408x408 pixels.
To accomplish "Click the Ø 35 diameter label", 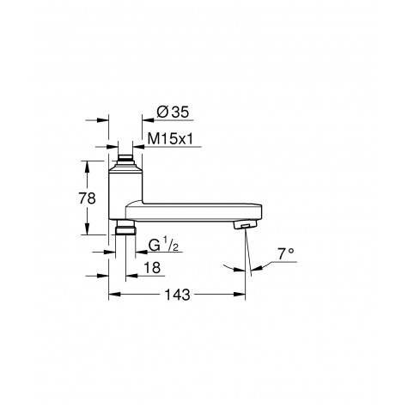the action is click(x=173, y=112).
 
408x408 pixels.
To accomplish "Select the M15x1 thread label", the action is click(x=170, y=139).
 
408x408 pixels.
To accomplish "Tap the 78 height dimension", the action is click(x=87, y=198).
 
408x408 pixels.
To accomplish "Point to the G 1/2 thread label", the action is click(x=163, y=245).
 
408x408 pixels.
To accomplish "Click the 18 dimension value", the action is click(x=152, y=268).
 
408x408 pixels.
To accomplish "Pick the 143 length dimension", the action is click(x=177, y=295).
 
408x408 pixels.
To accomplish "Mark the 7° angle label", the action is click(x=285, y=253).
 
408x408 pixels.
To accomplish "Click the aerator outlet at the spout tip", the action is click(x=246, y=224).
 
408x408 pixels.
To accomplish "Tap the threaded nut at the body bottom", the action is click(x=125, y=230).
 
